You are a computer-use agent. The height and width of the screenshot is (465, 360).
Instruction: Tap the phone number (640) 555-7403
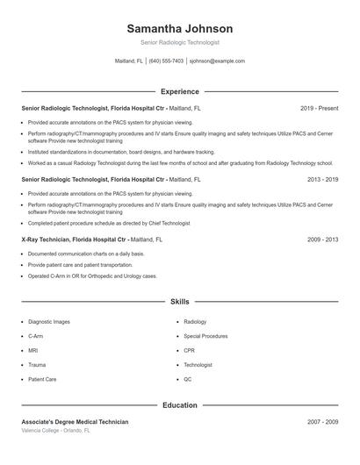166,61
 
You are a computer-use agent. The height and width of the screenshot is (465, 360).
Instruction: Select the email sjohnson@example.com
218,61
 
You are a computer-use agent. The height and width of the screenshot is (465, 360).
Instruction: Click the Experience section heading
179,91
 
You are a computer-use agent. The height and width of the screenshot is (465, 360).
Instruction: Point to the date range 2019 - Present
319,108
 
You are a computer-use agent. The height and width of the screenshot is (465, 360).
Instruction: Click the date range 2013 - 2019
322,179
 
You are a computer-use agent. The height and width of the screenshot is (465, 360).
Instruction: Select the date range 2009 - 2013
322,239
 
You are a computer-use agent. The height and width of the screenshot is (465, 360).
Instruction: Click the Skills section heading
179,301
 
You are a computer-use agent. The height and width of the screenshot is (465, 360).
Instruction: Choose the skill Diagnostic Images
49,322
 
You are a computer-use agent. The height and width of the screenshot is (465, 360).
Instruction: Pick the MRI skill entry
34,350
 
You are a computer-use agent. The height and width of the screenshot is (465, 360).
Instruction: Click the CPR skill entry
190,350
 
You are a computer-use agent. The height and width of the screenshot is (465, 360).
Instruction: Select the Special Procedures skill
205,336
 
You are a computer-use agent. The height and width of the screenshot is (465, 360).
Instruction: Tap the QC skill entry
188,379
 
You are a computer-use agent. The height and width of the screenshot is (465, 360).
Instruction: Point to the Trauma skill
37,364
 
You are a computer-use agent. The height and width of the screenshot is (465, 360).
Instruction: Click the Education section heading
179,405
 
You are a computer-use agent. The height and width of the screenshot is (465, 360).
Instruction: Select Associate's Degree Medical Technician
75,422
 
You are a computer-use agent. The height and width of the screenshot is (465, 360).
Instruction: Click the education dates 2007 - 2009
322,422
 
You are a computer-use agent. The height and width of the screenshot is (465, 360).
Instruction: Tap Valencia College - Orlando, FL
54,431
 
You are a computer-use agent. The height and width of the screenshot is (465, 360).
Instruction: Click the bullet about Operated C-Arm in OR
92,275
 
